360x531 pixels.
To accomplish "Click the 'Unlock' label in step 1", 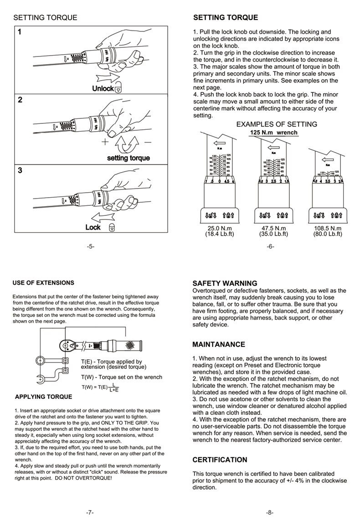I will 103,88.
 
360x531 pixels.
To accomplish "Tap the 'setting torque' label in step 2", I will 128,158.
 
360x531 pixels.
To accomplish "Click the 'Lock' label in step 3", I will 93,227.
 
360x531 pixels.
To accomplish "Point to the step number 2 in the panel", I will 20,100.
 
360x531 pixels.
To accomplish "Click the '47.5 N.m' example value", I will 273,228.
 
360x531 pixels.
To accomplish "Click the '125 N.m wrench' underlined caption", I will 273,133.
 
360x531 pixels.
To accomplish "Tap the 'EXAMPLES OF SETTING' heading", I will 277,124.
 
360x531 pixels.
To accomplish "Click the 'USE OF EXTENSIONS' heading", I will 43,283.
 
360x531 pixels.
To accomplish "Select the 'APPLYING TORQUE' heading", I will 44,397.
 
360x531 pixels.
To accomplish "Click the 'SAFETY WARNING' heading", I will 225,283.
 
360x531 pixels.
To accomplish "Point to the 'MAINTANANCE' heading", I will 219,344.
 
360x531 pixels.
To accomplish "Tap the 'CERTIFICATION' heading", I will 220,460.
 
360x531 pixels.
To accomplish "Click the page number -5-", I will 90,246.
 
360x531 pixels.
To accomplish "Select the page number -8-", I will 270,512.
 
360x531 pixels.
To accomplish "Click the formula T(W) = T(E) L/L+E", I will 100,388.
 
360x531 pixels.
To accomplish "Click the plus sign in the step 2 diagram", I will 105,142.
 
